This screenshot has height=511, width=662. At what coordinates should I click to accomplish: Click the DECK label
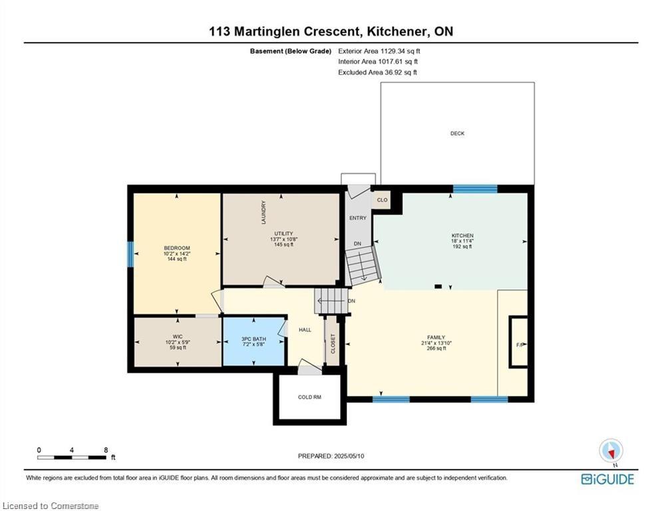457,134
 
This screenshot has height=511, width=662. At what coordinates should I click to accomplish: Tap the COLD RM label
309,397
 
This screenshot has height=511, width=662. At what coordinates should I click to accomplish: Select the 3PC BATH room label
253,339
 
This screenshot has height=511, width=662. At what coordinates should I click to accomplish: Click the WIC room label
178,337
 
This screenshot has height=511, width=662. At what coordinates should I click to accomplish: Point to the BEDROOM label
177,248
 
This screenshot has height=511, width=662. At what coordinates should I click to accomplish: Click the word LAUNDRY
264,212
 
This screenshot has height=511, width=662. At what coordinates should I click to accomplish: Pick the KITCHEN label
462,236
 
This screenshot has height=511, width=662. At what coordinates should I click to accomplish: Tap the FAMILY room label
436,337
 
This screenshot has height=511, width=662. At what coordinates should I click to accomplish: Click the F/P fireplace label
520,345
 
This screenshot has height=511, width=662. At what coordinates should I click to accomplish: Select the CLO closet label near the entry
382,200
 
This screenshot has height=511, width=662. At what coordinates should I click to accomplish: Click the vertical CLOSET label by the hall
333,344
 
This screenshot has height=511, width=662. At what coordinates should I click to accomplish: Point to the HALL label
305,330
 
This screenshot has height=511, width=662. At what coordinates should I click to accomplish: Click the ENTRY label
357,218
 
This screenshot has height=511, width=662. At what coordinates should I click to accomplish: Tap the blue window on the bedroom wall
130,254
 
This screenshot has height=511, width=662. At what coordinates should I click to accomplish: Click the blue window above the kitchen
475,189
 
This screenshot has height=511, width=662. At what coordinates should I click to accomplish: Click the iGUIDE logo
607,479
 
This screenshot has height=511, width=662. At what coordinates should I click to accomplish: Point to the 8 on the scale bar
106,450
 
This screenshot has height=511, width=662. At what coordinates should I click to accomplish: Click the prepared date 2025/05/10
349,456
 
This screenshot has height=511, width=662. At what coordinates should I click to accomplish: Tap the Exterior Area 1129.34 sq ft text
379,51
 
